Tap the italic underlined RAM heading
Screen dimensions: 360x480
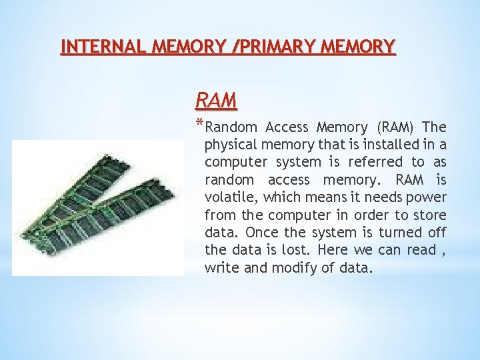[x=216, y=101]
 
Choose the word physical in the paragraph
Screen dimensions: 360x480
[x=231, y=145]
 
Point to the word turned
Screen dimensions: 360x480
[x=404, y=233]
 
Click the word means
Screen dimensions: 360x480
[x=325, y=197]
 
